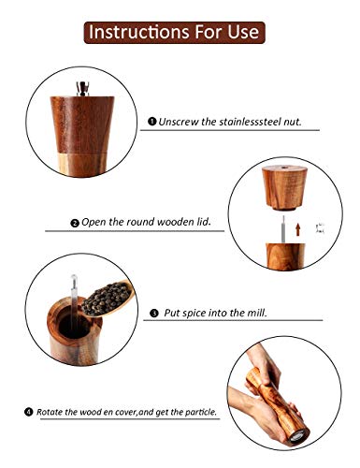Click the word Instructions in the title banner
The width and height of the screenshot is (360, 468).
click(137, 33)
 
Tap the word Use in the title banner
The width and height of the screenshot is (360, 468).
click(241, 33)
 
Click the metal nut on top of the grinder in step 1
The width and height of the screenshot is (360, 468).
click(84, 89)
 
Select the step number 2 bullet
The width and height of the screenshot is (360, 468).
click(75, 224)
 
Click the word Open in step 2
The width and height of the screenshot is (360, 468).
click(95, 224)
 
